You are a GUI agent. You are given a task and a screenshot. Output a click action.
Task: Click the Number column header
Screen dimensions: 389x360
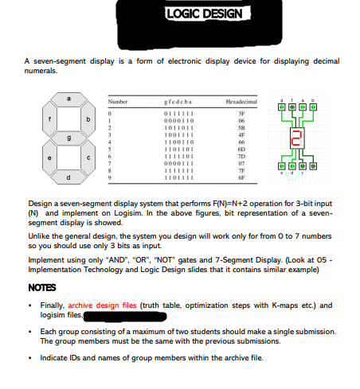point(118,103)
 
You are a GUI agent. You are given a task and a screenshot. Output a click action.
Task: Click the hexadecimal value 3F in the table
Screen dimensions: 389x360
point(240,114)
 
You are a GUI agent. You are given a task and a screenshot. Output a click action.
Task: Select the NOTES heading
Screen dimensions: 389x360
point(41,286)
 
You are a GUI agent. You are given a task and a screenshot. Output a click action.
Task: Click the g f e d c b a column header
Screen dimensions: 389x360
point(174,103)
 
